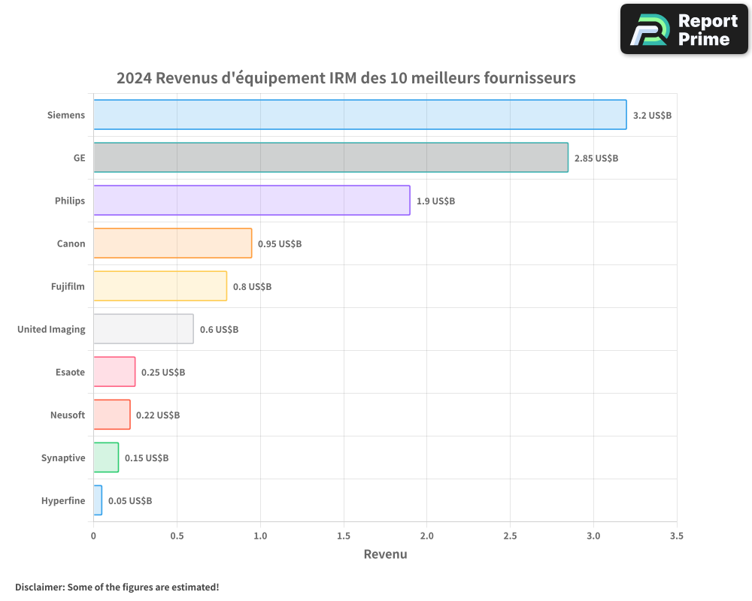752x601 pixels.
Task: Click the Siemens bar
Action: click(359, 115)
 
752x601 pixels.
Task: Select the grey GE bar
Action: click(331, 158)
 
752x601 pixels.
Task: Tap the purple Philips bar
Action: click(251, 201)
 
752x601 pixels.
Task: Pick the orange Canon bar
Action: click(172, 243)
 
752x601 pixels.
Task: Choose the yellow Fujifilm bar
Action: click(159, 286)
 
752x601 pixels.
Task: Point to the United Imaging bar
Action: click(143, 329)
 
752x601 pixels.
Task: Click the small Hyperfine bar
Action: click(98, 500)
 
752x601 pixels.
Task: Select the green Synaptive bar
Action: click(106, 458)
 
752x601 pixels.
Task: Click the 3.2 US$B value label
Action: click(652, 116)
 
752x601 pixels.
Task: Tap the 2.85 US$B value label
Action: click(596, 159)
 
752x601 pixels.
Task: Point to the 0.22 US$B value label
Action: click(158, 415)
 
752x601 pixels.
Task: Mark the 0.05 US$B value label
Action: click(130, 501)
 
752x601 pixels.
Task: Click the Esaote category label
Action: click(70, 373)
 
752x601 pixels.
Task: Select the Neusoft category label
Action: click(68, 415)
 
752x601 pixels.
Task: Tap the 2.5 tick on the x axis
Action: click(511, 536)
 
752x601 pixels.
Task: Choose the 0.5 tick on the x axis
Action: click(177, 536)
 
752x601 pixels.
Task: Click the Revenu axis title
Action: click(385, 554)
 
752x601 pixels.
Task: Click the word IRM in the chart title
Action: click(343, 78)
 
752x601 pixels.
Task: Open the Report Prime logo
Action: click(684, 29)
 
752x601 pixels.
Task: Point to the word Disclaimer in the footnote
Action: click(39, 587)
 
